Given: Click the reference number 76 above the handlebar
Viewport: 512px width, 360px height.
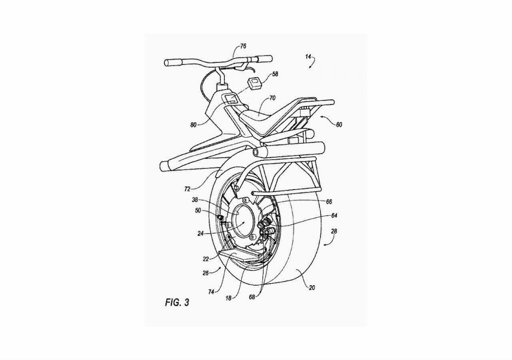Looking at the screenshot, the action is pyautogui.click(x=243, y=46).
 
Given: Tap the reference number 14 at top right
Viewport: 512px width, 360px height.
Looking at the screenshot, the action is pyautogui.click(x=308, y=56).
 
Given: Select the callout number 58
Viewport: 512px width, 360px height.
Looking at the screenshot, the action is pyautogui.click(x=275, y=74).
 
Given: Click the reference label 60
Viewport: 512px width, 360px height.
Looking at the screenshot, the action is pyautogui.click(x=339, y=124).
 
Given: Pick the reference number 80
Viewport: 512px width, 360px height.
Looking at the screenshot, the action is pyautogui.click(x=194, y=125).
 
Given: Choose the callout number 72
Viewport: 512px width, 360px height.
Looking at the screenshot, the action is pyautogui.click(x=187, y=188).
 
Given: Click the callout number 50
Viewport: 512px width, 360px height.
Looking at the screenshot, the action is pyautogui.click(x=198, y=210).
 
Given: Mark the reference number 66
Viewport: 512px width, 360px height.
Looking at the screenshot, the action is pyautogui.click(x=329, y=202).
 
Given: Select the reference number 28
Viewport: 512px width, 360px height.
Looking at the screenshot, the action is pyautogui.click(x=334, y=231).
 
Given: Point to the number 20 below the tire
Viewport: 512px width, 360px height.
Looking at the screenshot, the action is pyautogui.click(x=312, y=288).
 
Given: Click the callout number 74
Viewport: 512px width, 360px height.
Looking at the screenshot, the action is pyautogui.click(x=211, y=292).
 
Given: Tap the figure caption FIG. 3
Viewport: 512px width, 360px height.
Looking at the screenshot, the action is pyautogui.click(x=177, y=303).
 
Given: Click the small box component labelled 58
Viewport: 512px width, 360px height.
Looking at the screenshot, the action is pyautogui.click(x=254, y=82).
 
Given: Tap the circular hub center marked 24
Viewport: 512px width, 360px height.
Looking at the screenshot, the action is pyautogui.click(x=242, y=222).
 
